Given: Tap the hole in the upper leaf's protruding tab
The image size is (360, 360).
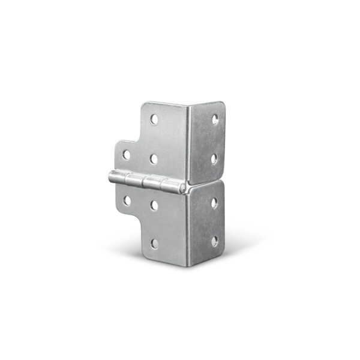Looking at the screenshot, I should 127,155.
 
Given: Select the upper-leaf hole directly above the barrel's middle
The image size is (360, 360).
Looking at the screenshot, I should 154,158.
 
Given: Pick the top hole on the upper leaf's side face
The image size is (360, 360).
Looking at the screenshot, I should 215,119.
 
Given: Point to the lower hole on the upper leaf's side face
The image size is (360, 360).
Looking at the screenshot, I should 215,158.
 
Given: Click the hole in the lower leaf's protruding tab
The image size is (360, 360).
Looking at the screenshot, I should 127,199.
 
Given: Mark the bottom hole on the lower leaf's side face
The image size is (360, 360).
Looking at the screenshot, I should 214,241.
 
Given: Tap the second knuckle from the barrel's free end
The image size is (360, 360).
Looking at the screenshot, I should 137,181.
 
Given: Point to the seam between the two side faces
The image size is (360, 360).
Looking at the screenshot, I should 207,180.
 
